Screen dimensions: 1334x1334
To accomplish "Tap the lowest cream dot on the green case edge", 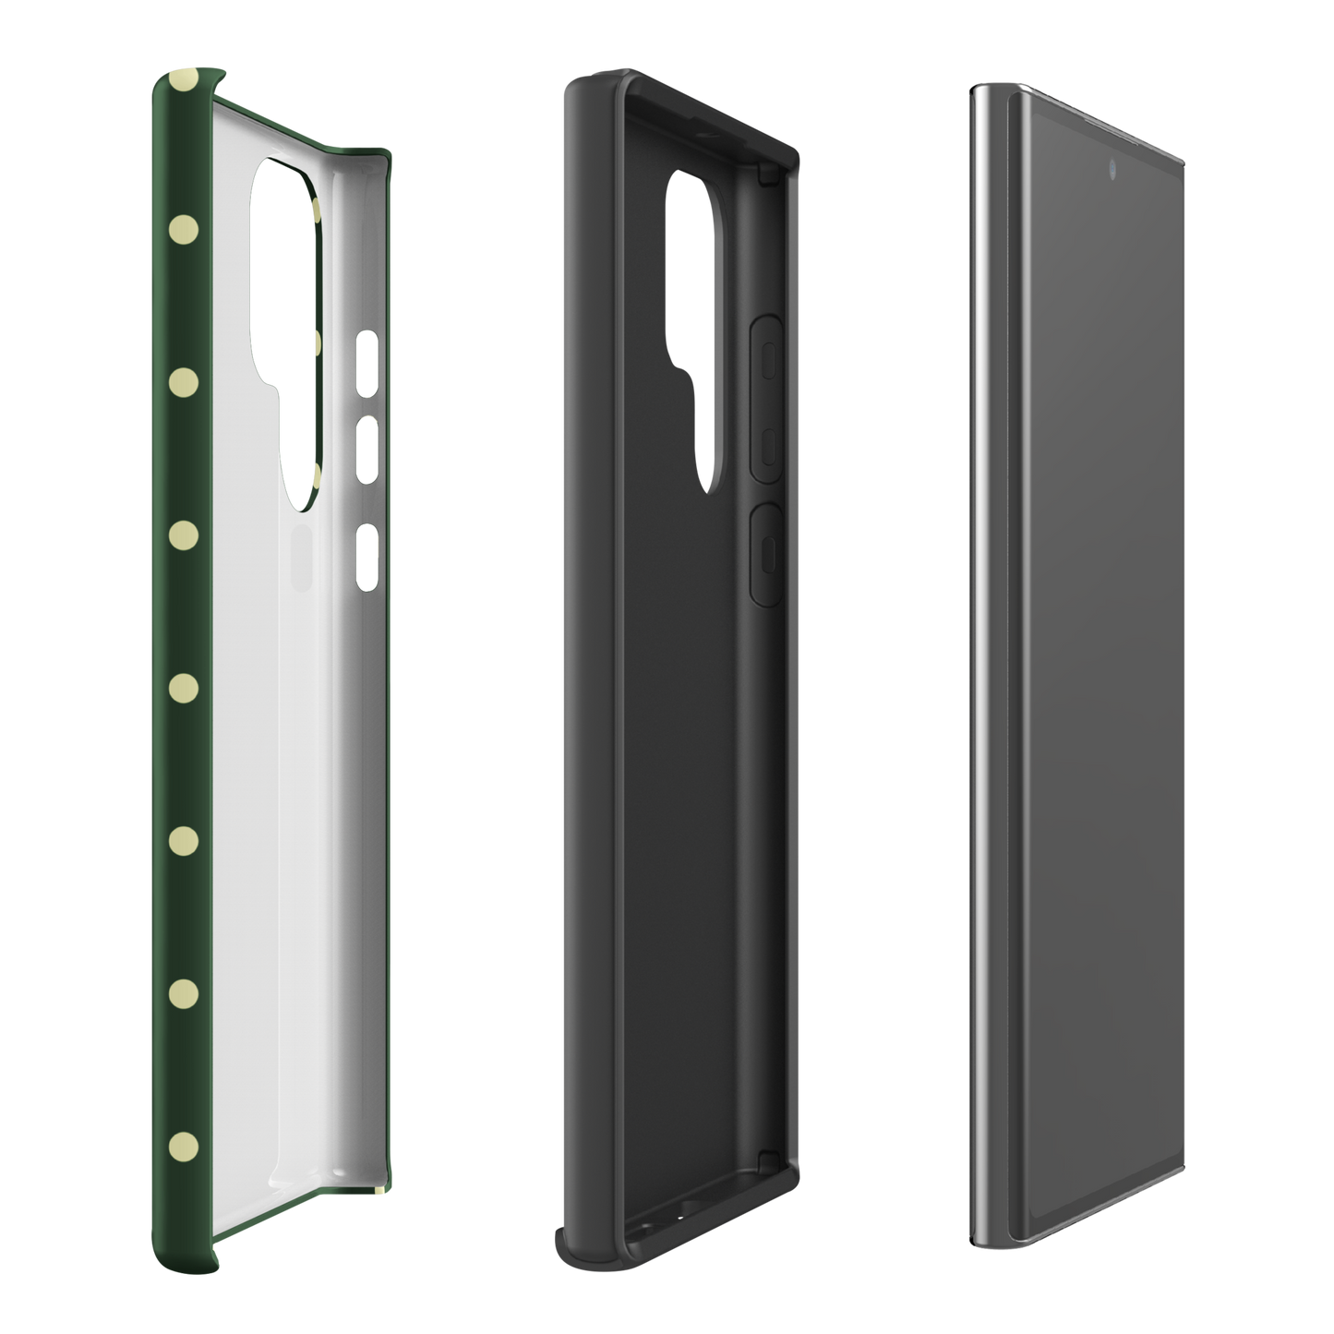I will (x=185, y=1147).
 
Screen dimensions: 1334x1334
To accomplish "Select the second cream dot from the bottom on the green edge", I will (x=185, y=993).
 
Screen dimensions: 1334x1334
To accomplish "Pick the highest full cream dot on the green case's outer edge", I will (x=185, y=227).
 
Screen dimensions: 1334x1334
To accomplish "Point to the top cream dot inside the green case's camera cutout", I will (x=316, y=210).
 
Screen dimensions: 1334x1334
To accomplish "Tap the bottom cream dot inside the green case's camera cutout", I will (x=316, y=475).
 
